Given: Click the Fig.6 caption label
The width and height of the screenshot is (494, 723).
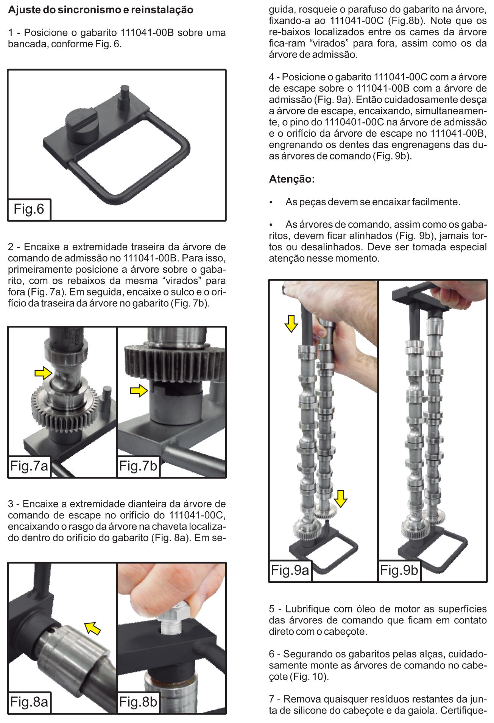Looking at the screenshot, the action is [x=29, y=209].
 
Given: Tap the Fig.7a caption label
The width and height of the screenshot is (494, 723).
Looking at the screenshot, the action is [x=29, y=466].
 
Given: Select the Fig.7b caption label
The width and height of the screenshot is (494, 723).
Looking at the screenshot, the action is [x=138, y=466].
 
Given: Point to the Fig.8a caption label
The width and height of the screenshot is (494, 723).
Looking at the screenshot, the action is [x=29, y=702].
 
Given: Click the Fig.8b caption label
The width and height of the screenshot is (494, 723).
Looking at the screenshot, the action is [x=138, y=702].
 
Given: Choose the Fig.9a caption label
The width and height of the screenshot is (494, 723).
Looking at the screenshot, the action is [x=290, y=570].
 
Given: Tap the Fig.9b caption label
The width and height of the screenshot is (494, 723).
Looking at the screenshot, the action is [x=399, y=570].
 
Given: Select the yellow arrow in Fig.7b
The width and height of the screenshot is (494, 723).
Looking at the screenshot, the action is [x=139, y=390].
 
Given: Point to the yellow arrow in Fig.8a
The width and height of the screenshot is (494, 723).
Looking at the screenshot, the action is [x=92, y=628].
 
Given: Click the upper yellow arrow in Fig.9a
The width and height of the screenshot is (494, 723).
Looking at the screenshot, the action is [x=291, y=324].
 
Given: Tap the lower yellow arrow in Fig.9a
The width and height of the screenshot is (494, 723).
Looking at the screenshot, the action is [x=341, y=498].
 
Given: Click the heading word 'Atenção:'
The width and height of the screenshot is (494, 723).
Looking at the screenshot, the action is [x=292, y=179].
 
